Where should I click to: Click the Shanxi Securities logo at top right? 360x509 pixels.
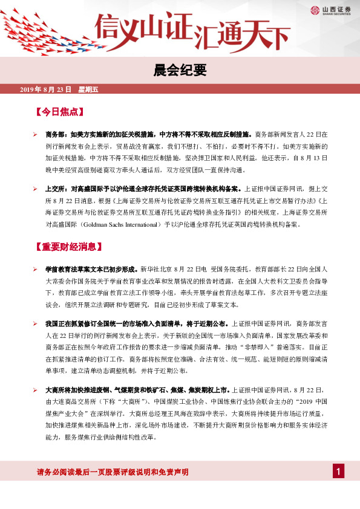tap(330, 10)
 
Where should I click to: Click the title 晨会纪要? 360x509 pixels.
tap(180, 71)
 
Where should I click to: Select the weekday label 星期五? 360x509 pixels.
tap(88, 89)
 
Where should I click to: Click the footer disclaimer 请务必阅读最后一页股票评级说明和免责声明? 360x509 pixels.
tap(113, 472)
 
